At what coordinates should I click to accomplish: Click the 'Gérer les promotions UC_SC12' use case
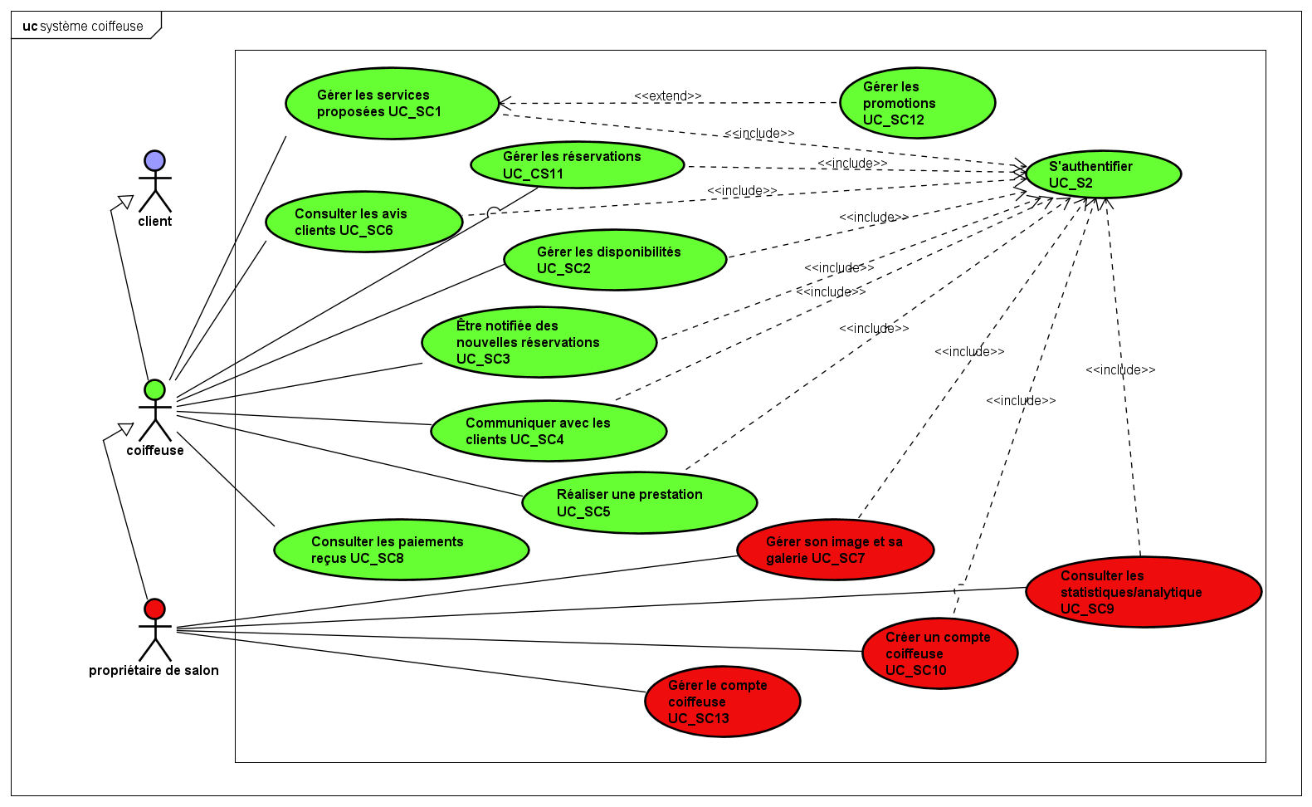coord(917,103)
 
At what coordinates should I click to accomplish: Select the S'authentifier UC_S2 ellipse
coord(1103,174)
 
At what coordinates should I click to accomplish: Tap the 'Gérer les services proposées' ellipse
coord(392,104)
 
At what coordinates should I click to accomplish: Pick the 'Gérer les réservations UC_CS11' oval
coord(577,164)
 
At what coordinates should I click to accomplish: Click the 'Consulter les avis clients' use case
coord(363,222)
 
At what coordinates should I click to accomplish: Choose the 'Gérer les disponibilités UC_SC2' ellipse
coord(615,260)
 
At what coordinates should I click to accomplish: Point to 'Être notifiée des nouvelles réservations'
coord(539,342)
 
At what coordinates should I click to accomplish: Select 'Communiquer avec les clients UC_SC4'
coord(548,431)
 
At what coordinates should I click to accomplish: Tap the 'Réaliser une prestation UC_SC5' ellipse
coord(639,502)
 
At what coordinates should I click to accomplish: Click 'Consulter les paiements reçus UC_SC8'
coord(401,550)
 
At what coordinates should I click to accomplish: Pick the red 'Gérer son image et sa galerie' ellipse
coord(835,550)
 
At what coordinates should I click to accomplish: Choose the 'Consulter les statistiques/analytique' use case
coord(1143,592)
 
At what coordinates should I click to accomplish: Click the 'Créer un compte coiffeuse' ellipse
coord(939,653)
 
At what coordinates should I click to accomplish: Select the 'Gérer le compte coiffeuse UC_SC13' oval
coord(722,702)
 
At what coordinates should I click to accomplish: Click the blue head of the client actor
coord(154,161)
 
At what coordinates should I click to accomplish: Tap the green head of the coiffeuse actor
coord(154,389)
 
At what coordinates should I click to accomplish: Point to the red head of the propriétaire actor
coord(154,609)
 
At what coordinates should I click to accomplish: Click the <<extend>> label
coord(667,96)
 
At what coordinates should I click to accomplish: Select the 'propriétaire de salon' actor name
coord(154,671)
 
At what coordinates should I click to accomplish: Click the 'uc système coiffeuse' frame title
coord(83,27)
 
